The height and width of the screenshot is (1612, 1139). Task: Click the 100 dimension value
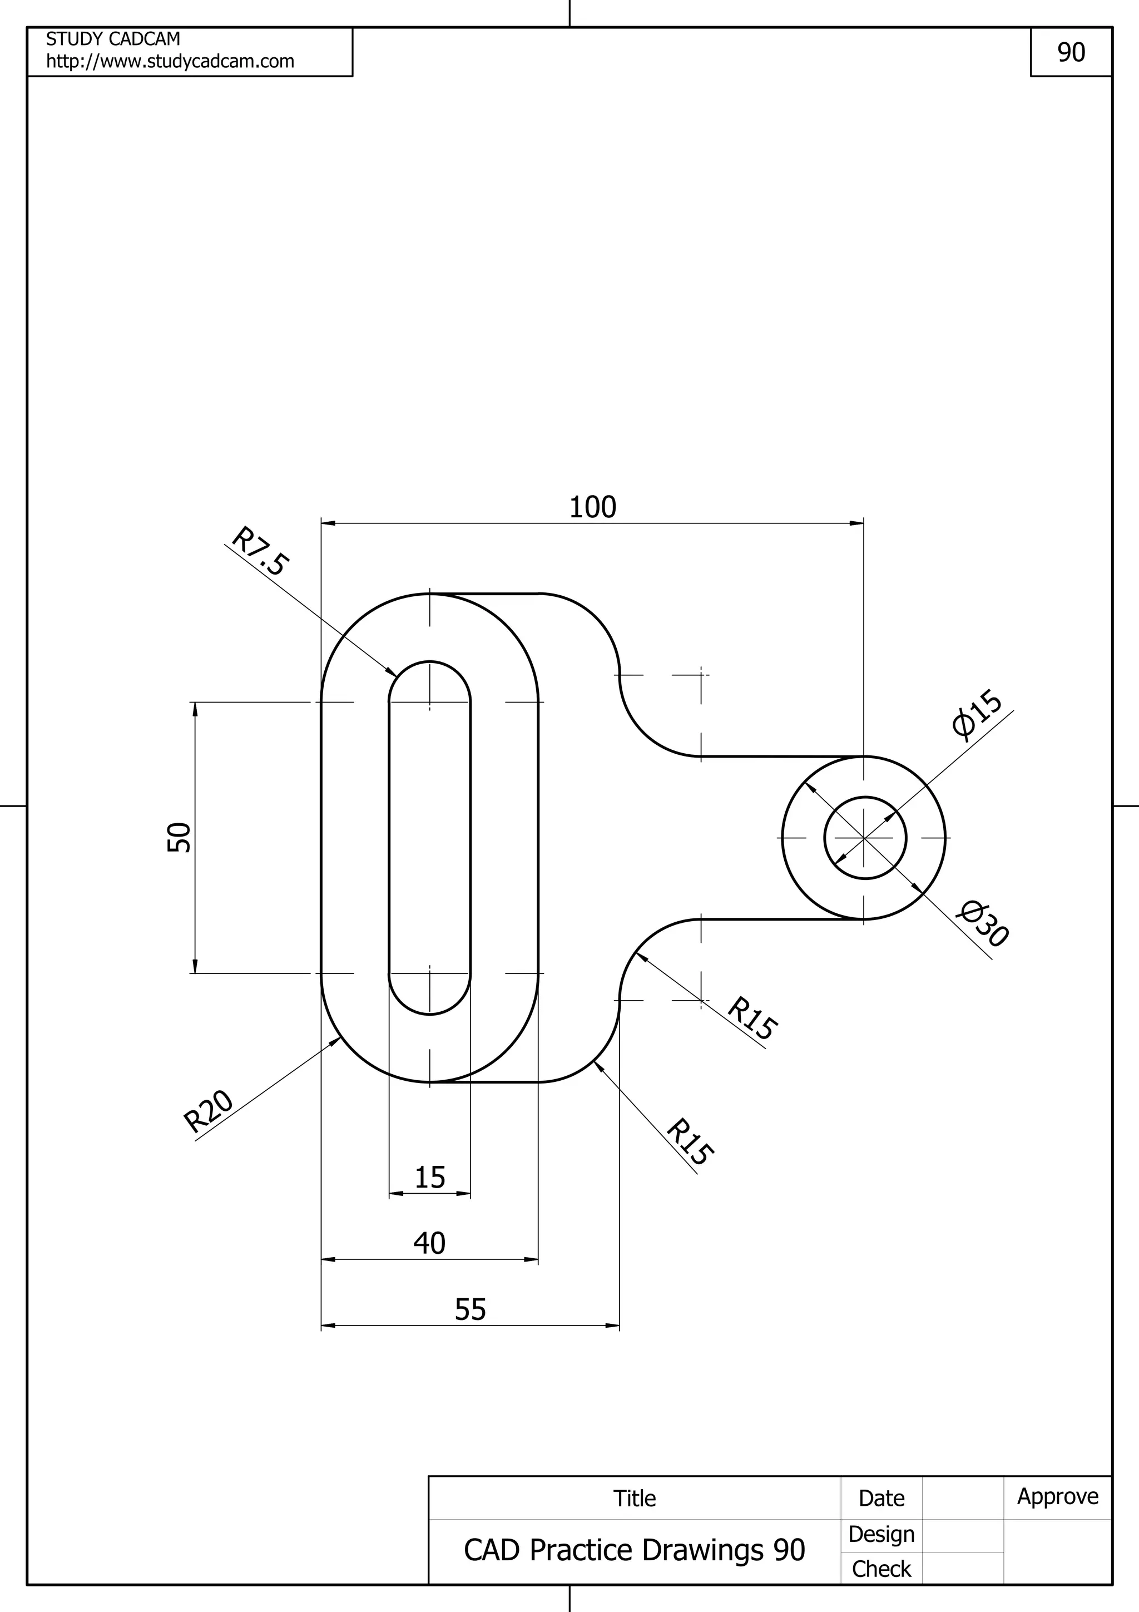(592, 507)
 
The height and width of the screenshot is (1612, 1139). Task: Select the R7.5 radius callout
(260, 552)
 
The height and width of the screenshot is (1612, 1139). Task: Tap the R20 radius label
(208, 1111)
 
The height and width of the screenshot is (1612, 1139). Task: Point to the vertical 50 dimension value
(179, 837)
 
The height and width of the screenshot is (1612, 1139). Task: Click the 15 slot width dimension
(429, 1178)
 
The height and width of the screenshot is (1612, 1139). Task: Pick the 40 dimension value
(429, 1243)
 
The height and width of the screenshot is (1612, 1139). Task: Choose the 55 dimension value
(470, 1309)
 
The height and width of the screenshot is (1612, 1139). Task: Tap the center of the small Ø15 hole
(865, 838)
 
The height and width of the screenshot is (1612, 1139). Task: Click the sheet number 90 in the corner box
(1071, 52)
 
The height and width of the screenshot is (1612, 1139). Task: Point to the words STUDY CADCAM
(113, 38)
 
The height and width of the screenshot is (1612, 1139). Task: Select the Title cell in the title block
(635, 1499)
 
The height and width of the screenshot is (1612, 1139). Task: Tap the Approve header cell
(1058, 1496)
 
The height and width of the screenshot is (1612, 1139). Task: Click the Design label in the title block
(881, 1534)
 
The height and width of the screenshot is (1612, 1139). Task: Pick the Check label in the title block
(881, 1569)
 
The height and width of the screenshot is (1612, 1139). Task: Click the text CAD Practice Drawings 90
(635, 1550)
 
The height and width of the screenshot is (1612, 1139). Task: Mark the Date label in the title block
(881, 1499)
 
